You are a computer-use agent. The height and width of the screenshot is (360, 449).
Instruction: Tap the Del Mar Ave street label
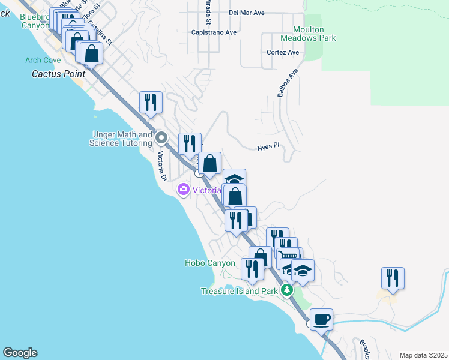pyautogui.click(x=246, y=12)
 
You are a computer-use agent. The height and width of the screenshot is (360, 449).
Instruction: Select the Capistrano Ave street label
pyautogui.click(x=214, y=32)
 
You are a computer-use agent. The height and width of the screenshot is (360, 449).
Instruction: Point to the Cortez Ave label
pyautogui.click(x=283, y=52)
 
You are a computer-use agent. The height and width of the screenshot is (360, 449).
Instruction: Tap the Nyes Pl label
pyautogui.click(x=268, y=146)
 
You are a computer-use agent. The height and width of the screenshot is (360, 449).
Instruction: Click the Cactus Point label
pyautogui.click(x=58, y=74)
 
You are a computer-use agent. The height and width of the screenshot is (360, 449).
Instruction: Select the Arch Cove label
pyautogui.click(x=43, y=60)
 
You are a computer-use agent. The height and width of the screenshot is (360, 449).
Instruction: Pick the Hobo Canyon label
pyautogui.click(x=209, y=263)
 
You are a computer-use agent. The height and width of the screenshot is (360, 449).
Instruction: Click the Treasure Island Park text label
pyautogui.click(x=239, y=291)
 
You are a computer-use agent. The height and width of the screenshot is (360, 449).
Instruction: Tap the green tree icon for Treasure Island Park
pyautogui.click(x=287, y=291)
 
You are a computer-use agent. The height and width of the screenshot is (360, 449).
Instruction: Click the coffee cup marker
pyautogui.click(x=321, y=318)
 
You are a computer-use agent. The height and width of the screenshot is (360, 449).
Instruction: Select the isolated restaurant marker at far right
pyautogui.click(x=393, y=278)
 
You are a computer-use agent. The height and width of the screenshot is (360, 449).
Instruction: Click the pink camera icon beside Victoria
pyautogui.click(x=183, y=190)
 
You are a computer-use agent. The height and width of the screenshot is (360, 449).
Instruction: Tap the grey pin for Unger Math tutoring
pyautogui.click(x=161, y=138)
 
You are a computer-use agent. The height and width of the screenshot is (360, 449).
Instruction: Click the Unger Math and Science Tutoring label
pyautogui.click(x=121, y=139)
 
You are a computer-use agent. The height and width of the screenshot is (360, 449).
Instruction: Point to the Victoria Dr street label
pyautogui.click(x=161, y=166)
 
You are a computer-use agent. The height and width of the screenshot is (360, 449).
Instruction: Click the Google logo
pyautogui.click(x=20, y=353)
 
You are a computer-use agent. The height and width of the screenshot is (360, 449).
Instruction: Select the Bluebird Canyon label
pyautogui.click(x=35, y=22)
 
